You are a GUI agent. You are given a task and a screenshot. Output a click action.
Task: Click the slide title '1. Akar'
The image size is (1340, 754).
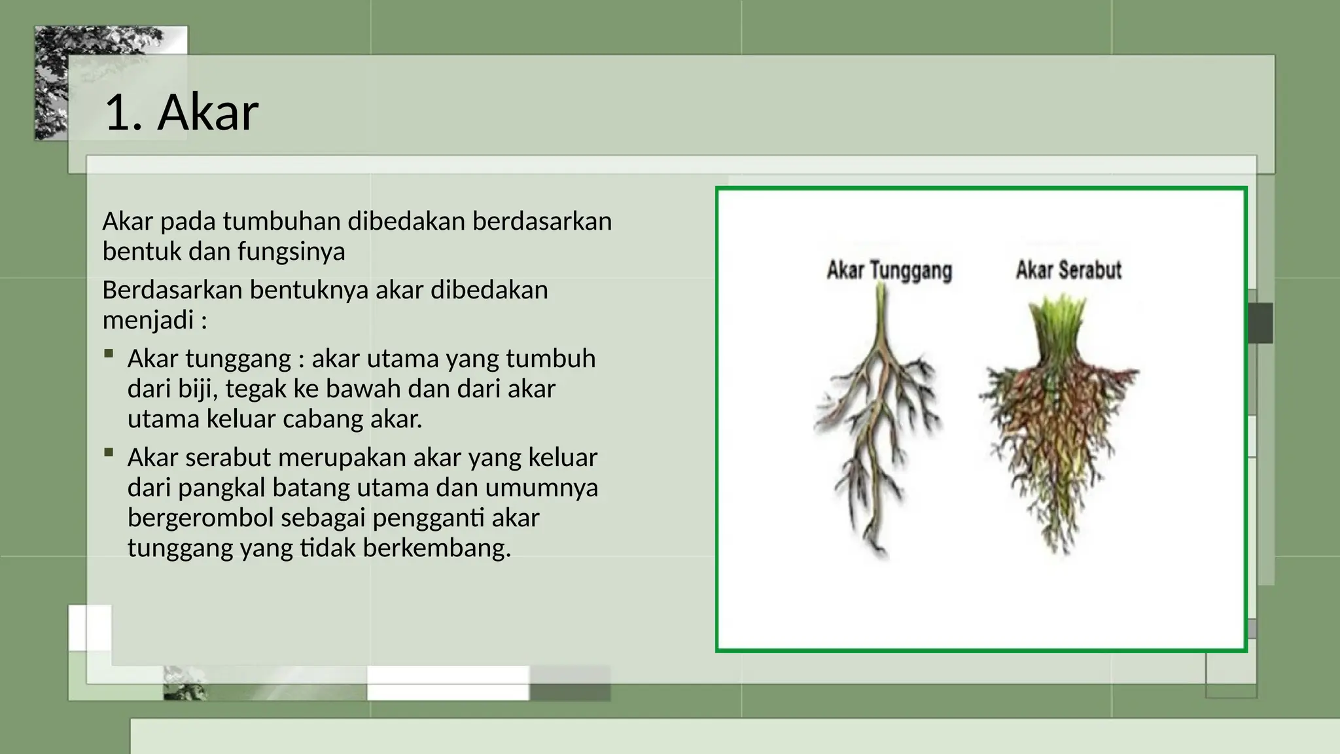(181, 113)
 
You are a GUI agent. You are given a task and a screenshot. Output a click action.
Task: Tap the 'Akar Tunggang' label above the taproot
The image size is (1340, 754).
(889, 270)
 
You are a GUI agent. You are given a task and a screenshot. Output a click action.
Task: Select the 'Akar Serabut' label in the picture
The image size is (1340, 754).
(1068, 270)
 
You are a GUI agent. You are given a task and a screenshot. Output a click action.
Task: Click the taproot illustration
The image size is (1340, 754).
(877, 419)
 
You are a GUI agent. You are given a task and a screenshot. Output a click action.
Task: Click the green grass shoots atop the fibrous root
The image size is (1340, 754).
(1058, 324)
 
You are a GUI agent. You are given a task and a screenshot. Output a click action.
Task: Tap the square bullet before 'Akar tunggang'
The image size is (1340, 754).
(109, 355)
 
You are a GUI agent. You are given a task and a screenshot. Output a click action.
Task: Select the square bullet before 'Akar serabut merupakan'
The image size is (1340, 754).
(109, 452)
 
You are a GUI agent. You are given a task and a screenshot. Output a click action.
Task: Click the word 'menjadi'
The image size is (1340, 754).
(149, 319)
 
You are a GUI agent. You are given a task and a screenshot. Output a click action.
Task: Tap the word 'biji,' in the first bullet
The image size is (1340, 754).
(198, 389)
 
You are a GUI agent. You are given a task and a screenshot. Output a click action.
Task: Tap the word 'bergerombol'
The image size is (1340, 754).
(200, 518)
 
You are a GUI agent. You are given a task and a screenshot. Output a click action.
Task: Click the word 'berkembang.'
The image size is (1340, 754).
(436, 548)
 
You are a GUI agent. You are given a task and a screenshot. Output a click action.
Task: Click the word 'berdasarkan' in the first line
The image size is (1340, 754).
(542, 221)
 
